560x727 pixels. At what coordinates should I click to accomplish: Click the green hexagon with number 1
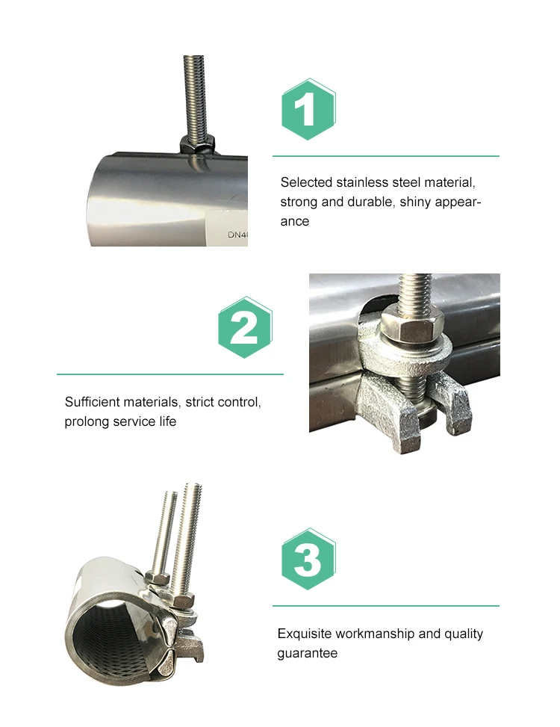click(x=308, y=109)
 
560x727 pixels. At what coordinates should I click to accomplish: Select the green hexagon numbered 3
click(x=308, y=559)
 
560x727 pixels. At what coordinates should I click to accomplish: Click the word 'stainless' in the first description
click(x=361, y=182)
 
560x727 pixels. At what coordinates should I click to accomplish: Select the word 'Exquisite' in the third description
click(x=304, y=634)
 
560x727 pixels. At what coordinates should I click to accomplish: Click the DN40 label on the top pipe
click(x=237, y=234)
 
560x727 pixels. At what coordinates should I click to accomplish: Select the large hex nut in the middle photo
click(x=410, y=324)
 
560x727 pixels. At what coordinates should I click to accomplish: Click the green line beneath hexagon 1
click(x=385, y=156)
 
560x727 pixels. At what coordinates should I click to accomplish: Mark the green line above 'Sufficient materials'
click(x=170, y=374)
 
